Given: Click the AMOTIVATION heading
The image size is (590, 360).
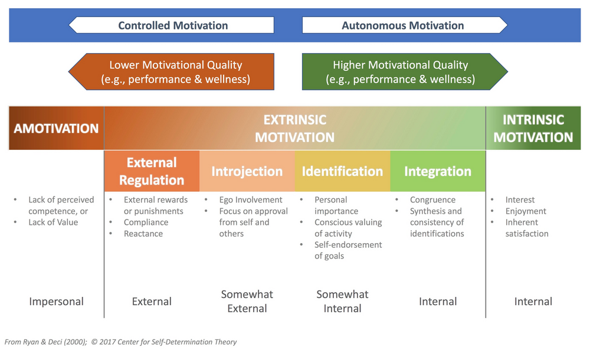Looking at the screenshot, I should pos(57,129).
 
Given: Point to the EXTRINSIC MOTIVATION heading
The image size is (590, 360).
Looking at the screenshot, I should pos(294,129).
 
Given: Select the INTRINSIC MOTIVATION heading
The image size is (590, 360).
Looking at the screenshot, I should pos(533,129).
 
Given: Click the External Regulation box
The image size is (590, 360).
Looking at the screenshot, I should pos(152,171).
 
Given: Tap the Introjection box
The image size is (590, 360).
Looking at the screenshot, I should pos(247,171).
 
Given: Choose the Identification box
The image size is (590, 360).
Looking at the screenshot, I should pos(342,171).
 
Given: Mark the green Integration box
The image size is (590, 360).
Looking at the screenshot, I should pos(438,171).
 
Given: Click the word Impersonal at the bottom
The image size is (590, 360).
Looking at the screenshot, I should pos(57,302).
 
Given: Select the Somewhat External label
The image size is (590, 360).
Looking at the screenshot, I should pos(247,301).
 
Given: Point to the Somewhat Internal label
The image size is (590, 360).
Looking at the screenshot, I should pos(342,301).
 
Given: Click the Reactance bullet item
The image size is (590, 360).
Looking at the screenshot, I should pos(143,234).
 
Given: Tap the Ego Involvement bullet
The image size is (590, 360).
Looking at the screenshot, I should pos(251,200).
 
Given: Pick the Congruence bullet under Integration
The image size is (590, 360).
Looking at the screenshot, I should pos(432,200).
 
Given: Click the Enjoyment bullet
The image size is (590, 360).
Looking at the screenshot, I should pos(526,211).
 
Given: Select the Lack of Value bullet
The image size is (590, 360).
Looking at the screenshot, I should pos(53,222).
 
